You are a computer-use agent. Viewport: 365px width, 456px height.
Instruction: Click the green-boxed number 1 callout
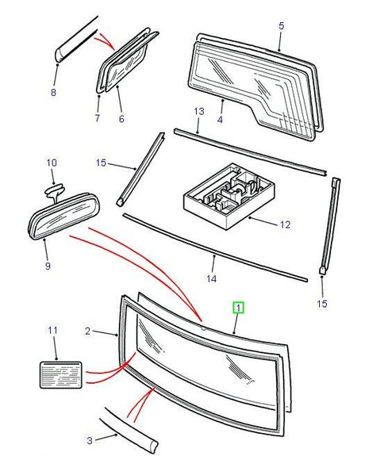(x=238, y=308)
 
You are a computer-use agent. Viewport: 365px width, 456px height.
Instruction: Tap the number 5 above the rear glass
(x=281, y=25)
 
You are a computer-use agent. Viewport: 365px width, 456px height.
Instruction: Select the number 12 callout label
(x=285, y=224)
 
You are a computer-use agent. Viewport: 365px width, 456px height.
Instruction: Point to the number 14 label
(x=212, y=278)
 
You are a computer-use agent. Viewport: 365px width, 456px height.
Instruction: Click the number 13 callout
(x=199, y=111)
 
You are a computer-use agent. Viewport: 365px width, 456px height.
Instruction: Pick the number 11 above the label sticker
(x=52, y=331)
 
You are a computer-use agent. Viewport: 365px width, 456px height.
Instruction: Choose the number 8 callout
(x=53, y=93)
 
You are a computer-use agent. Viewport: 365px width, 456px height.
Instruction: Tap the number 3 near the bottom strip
(x=90, y=440)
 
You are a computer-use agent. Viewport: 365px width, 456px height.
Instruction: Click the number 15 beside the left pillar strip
(x=101, y=163)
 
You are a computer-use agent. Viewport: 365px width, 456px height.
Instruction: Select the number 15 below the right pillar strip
(x=322, y=304)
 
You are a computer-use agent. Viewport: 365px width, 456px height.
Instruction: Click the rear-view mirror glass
(x=64, y=217)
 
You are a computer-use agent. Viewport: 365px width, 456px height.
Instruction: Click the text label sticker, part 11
(x=61, y=374)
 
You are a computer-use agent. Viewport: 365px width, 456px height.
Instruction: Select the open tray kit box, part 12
(x=229, y=197)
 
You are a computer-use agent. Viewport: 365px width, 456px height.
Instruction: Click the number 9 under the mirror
(x=48, y=265)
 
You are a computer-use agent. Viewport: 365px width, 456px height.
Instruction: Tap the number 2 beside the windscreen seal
(x=87, y=331)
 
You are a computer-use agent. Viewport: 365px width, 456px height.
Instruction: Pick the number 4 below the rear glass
(x=220, y=119)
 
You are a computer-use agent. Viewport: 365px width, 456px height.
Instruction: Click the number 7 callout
(x=98, y=118)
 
